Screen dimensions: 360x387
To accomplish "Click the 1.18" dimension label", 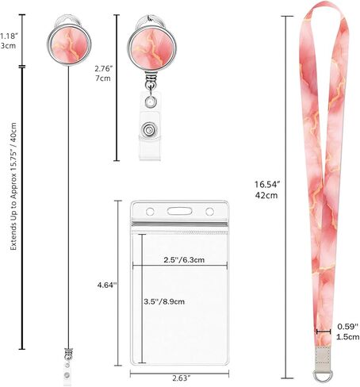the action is [x=7, y=36].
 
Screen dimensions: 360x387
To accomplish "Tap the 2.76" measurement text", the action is [x=104, y=69].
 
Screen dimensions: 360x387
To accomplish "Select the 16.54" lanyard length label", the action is [x=267, y=184].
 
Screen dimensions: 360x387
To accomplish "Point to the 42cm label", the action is [x=266, y=195].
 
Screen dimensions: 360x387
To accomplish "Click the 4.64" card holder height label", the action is [x=107, y=285].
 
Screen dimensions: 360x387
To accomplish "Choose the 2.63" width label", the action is [x=182, y=378].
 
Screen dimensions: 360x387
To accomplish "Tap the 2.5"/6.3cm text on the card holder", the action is [x=184, y=260].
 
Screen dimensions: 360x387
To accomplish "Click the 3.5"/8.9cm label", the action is [x=164, y=301].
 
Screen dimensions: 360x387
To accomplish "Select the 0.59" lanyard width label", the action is [x=348, y=327].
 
